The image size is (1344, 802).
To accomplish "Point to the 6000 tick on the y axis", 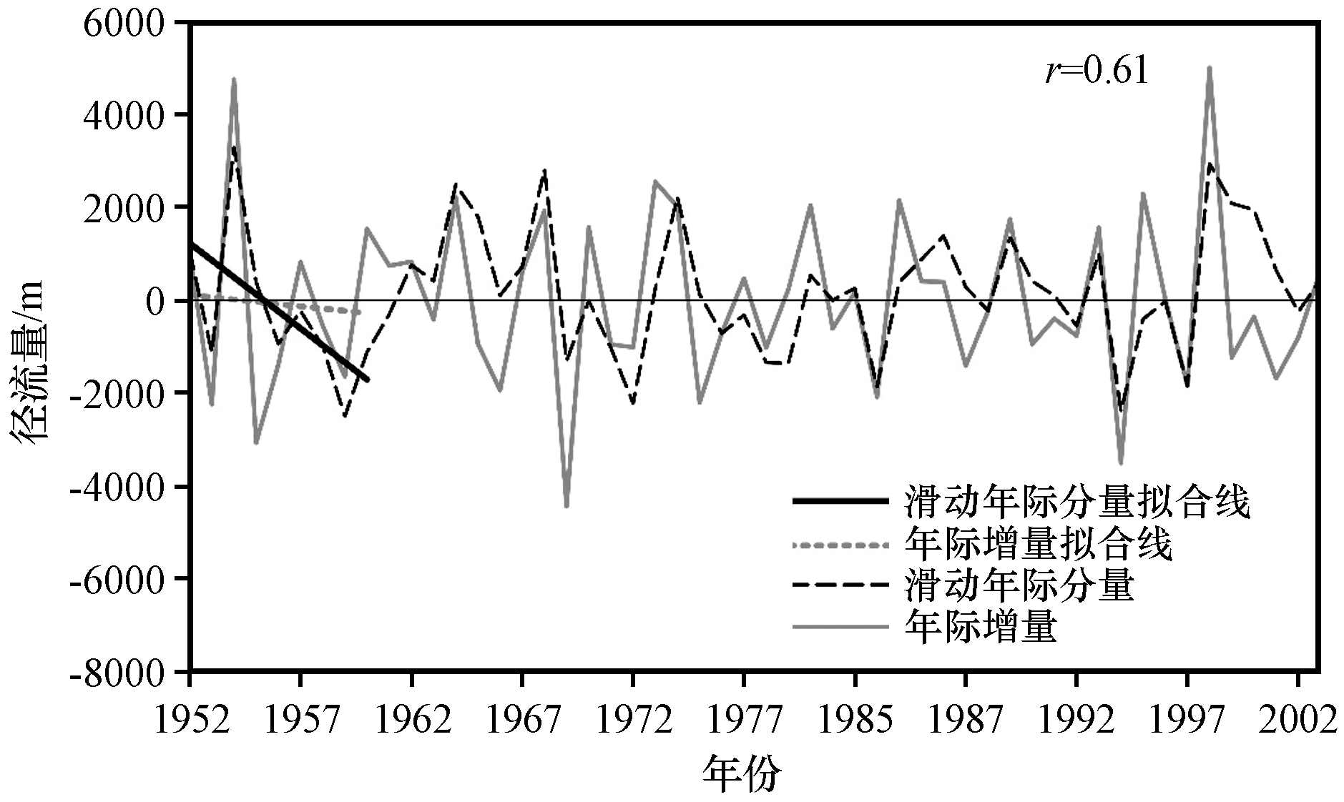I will (125, 23).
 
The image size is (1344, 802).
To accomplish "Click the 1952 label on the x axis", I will (192, 720).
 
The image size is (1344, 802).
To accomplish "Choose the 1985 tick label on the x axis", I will (855, 720).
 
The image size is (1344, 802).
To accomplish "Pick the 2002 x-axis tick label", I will (1298, 720).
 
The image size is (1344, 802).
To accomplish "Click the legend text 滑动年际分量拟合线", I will (1077, 501).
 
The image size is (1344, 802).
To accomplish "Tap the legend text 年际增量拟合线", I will (1038, 545).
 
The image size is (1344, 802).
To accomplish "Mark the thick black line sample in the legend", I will (840, 501).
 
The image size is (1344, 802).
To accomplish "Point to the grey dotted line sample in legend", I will (840, 546).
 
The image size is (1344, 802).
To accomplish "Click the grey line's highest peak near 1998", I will (1209, 69).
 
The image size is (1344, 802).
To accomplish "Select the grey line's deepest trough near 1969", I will (566, 506).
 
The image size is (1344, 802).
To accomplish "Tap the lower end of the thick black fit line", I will (368, 380).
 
